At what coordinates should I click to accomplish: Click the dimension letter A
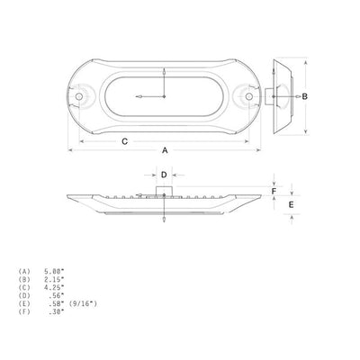[x=165, y=150]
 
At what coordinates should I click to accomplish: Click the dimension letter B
[x=304, y=96]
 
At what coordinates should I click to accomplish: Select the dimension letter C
[x=124, y=141]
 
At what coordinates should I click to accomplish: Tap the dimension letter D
[x=164, y=175]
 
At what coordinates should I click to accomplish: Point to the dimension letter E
[x=291, y=204]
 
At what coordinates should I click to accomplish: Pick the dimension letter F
[x=274, y=191]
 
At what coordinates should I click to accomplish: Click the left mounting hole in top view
[x=79, y=96]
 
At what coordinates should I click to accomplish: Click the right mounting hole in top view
[x=248, y=96]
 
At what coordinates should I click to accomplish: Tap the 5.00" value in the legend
[x=54, y=272]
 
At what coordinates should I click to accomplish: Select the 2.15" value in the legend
[x=54, y=280]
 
